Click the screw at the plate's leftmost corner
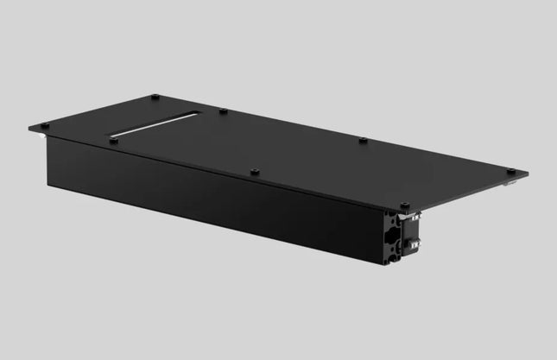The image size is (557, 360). (x=44, y=125)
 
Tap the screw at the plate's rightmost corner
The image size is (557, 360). (x=510, y=170)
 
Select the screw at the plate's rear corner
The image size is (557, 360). (x=154, y=97)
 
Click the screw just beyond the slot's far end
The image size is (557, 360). (x=222, y=111)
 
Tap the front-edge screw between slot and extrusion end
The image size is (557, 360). (x=253, y=171)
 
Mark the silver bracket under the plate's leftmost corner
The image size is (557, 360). (x=41, y=132)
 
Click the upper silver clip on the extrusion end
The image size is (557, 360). (x=415, y=218)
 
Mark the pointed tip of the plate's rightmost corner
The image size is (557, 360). (x=528, y=174)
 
